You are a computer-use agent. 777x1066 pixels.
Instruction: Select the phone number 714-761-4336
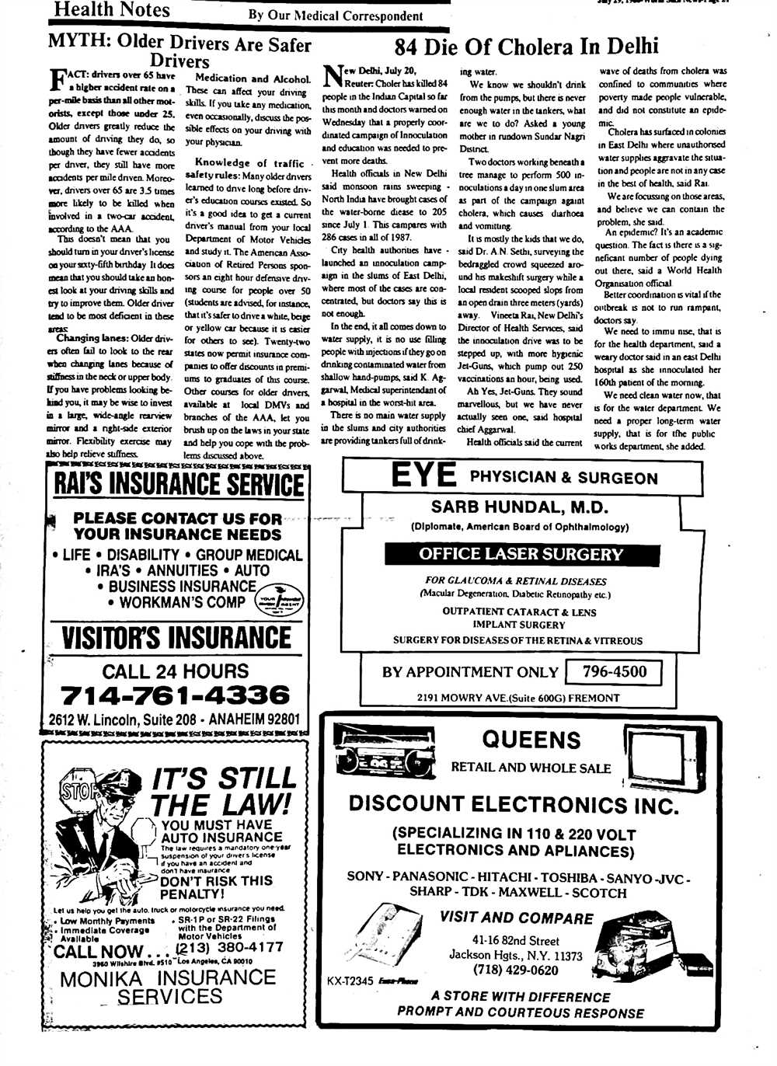(175, 695)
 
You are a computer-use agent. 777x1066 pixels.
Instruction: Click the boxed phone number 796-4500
(614, 672)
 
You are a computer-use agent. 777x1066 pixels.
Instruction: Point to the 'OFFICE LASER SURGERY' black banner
(521, 554)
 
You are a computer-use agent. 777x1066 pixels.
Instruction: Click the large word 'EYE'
(423, 475)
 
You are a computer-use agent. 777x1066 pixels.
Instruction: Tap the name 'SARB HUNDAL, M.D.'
(519, 507)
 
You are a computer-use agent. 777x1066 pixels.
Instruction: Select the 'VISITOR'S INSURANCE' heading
(176, 639)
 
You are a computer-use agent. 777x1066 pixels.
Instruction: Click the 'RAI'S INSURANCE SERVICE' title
(178, 485)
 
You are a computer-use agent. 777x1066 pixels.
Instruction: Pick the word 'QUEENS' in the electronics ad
(531, 739)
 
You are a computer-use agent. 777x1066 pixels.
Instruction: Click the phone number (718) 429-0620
(515, 970)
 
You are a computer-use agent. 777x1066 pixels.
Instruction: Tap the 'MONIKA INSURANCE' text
(168, 979)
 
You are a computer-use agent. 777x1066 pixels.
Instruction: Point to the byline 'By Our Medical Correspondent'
(336, 16)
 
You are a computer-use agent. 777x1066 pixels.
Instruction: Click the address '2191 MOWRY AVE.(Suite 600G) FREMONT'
(518, 698)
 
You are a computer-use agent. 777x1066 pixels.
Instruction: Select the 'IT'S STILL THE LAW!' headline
(223, 790)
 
